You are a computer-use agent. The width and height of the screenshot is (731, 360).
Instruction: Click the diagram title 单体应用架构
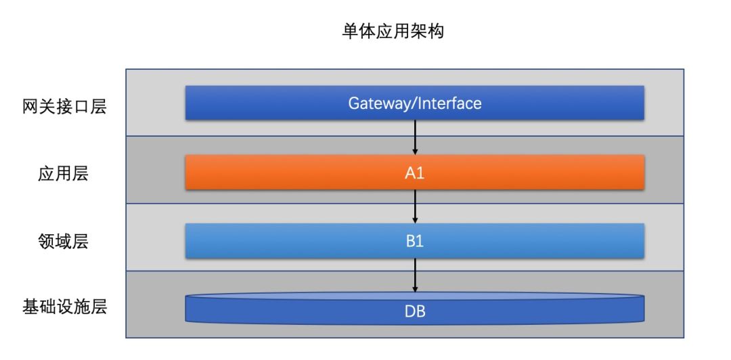[x=393, y=32]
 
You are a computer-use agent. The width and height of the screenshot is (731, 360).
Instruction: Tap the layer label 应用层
[x=63, y=175]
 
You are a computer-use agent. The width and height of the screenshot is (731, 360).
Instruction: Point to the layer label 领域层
[x=63, y=242]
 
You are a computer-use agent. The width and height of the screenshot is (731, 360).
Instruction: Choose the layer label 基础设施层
[x=64, y=307]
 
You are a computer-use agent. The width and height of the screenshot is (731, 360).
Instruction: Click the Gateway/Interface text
[x=415, y=103]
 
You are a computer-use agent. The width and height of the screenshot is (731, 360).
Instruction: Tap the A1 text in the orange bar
[x=415, y=173]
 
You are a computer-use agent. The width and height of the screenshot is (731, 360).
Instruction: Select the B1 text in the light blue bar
[x=415, y=241]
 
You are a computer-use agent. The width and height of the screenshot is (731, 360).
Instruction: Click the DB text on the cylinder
[x=415, y=311]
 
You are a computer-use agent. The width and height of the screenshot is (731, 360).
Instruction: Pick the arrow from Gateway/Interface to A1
[x=415, y=137]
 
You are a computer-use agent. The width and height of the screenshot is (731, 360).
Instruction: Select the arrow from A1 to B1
[x=415, y=206]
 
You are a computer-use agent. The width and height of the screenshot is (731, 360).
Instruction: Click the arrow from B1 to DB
[x=415, y=275]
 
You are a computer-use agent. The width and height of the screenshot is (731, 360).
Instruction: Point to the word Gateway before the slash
[x=380, y=103]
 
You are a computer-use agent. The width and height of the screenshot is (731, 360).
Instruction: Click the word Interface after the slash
[x=450, y=103]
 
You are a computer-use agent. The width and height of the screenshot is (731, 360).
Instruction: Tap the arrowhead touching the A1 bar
[x=415, y=152]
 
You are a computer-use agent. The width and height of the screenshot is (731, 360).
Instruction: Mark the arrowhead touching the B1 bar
[x=415, y=220]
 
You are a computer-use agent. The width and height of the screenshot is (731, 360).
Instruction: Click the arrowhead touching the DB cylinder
[x=415, y=289]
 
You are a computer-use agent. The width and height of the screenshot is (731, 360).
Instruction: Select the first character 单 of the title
[x=350, y=32]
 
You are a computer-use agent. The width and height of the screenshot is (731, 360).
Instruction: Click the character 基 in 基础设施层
[x=30, y=307]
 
